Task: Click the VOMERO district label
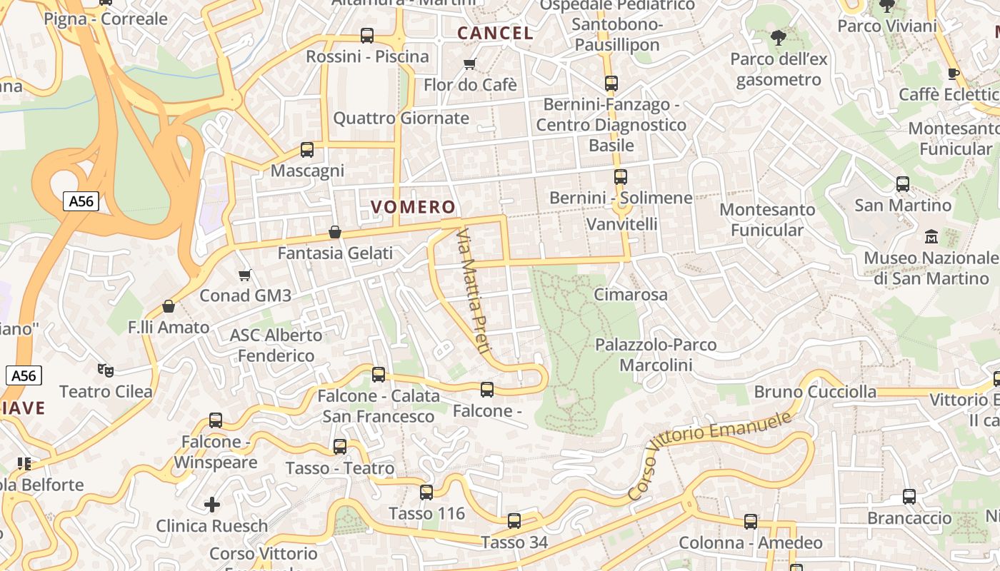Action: coord(413,207)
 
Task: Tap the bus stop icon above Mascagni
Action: coord(307,150)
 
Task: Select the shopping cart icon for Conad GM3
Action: coord(245,275)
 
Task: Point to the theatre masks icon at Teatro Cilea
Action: coord(106,370)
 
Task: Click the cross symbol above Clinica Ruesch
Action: coord(212,505)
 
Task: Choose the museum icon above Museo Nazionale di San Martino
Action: coord(931,236)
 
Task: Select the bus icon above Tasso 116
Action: coord(426,492)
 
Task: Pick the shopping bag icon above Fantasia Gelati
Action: coord(334,232)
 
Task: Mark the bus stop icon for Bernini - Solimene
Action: coord(621,176)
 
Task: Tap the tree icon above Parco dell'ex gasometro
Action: coord(779,38)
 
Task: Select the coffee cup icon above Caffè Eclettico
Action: coord(953,74)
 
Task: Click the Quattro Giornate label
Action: coord(401,118)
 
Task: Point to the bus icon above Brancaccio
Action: coord(909,496)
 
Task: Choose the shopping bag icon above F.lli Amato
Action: coord(169,306)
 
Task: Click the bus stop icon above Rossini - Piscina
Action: coord(367,35)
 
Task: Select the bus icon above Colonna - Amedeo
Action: coord(751,522)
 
